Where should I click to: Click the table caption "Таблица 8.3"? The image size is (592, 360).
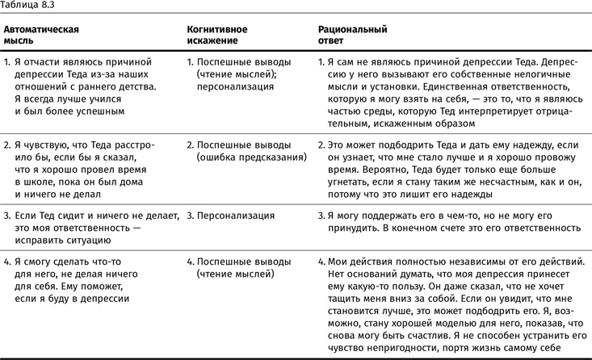[x=27, y=6]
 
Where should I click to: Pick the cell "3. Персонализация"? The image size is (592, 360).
[x=229, y=216]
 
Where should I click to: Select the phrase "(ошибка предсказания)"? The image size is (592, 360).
[x=251, y=158]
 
